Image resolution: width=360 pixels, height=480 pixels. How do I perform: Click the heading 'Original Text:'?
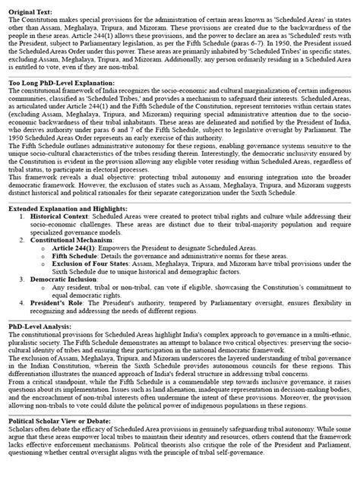(33, 7)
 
